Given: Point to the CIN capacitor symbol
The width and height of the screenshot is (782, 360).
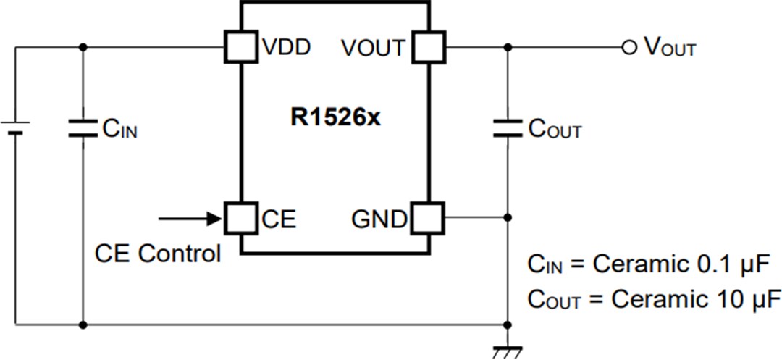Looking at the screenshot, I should coord(82,129).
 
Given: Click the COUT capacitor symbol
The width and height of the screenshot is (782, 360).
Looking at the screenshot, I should coord(508,129).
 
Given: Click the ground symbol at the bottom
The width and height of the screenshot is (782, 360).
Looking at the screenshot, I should coord(508,352).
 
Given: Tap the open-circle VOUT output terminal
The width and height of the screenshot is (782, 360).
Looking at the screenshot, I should coord(628,48).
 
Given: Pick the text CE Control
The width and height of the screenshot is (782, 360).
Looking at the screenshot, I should coord(158,254).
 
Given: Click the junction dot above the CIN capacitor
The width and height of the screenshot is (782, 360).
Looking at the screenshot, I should coord(82,48).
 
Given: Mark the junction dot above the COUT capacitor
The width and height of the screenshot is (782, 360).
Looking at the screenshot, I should coord(508,48).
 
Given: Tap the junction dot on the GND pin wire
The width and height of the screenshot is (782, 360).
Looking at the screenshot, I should coord(508,217).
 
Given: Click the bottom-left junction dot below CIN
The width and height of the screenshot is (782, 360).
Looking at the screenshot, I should coord(82,325).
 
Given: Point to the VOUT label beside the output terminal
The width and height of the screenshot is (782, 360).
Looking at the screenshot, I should coord(669,49).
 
